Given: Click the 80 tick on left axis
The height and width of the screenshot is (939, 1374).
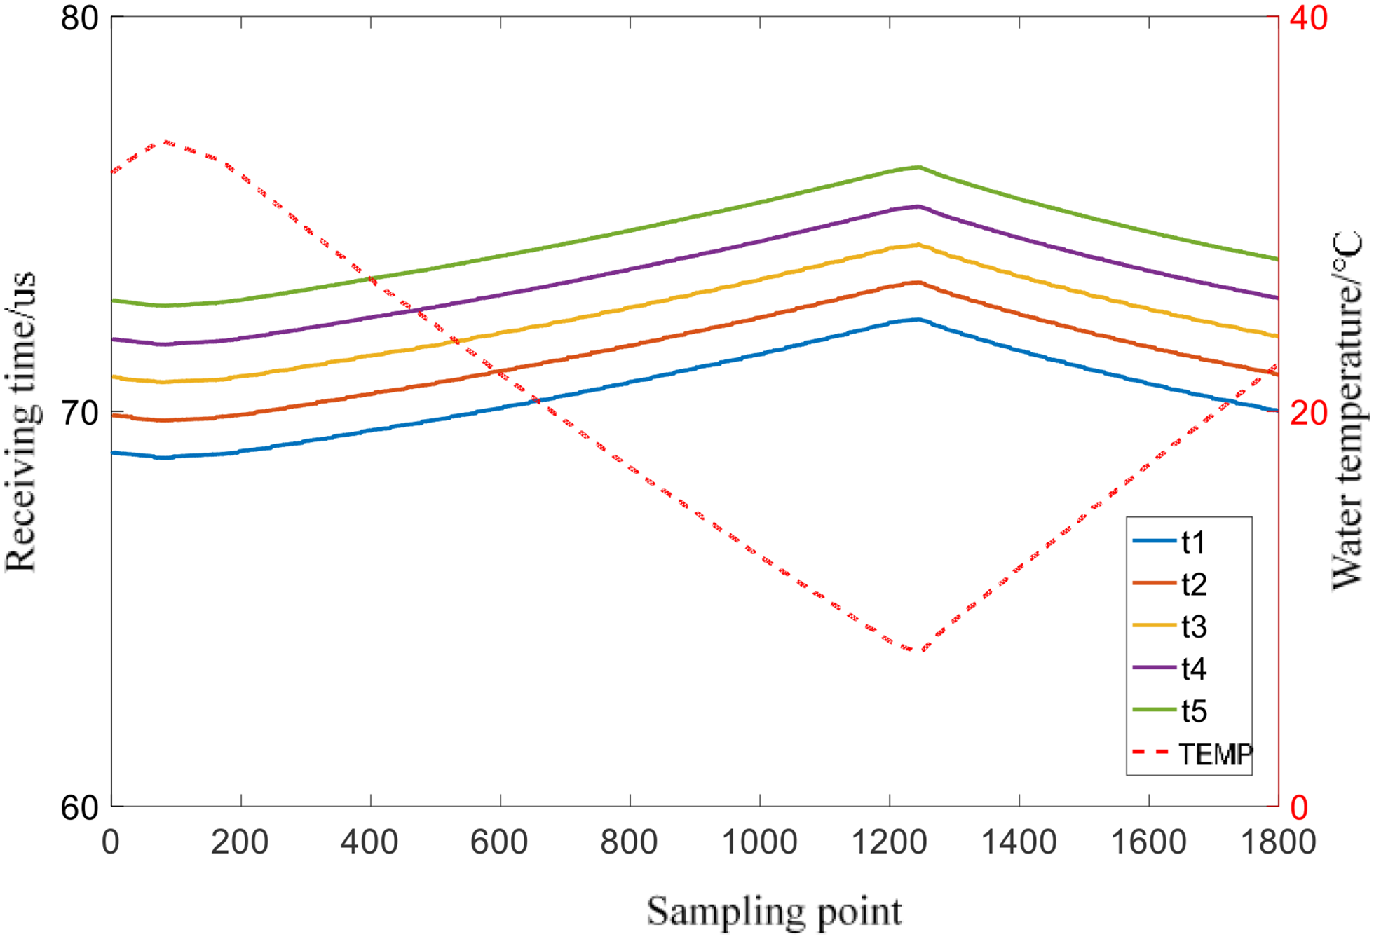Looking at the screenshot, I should pos(79,18).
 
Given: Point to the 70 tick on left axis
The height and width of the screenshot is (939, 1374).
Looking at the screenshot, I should pos(79,413).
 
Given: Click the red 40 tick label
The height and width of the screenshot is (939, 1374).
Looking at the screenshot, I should pos(1308,18).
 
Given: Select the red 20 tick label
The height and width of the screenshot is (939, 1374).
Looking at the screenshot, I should pos(1308,413).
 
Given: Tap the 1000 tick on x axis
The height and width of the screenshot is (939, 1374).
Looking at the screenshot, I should pos(759,842).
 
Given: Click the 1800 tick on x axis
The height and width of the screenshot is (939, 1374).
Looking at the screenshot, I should pos(1277,842).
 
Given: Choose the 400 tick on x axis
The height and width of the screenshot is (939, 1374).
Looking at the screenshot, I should pos(370,842).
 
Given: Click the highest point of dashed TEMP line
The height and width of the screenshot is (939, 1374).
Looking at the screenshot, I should pos(165,142).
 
